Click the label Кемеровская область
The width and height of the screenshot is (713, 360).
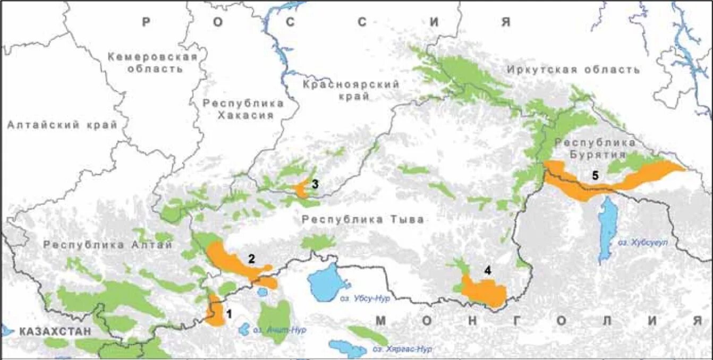click(x=152, y=62)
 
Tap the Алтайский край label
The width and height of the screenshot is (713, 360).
click(x=62, y=125)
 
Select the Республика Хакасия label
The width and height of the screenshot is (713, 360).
click(x=243, y=109)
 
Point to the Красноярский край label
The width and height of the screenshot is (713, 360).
click(x=350, y=90)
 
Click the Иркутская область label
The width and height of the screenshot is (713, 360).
click(x=573, y=70)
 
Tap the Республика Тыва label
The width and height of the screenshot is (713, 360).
click(x=362, y=220)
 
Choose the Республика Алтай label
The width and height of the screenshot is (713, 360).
click(x=108, y=245)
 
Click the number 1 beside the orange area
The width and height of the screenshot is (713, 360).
click(x=229, y=314)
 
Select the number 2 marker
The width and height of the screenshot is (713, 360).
click(x=251, y=259)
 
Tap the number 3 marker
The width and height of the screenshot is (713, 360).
click(x=315, y=184)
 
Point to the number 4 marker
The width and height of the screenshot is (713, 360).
click(x=487, y=270)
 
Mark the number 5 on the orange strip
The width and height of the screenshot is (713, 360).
click(x=595, y=176)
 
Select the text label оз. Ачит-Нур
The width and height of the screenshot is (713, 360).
click(x=279, y=330)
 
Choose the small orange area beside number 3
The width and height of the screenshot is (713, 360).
click(x=301, y=189)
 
